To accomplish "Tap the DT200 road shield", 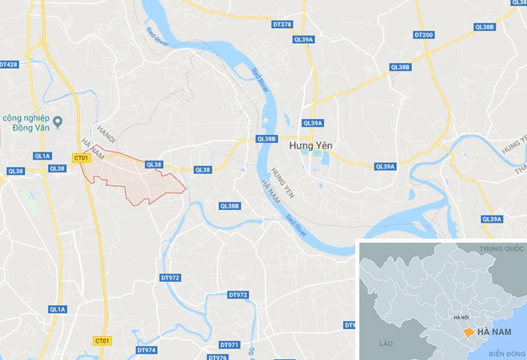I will point(424,35).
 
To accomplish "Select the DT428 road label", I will point(8,64).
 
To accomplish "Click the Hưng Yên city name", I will point(311,146).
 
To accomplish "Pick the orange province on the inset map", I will point(465,330).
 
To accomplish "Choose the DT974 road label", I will point(146,350).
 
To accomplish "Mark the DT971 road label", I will point(228,345).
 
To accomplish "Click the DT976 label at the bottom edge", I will point(217,357).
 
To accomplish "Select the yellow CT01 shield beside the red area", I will point(81,158).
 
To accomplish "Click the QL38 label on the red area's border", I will point(154,164).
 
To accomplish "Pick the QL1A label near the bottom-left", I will point(57,309).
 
